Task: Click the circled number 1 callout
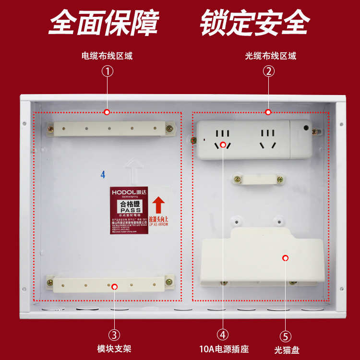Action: [107, 72]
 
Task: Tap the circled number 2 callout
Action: [269, 72]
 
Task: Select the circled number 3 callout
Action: [114, 335]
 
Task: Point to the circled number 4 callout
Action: [223, 335]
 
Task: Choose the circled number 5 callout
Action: [285, 336]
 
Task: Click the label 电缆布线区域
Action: [107, 56]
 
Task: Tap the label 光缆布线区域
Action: [270, 56]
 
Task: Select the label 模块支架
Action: [114, 348]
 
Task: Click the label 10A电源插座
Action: [224, 349]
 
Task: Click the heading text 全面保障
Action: [104, 22]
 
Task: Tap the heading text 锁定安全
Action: [255, 22]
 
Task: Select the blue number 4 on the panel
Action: [103, 174]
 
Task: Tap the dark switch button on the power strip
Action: [306, 128]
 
